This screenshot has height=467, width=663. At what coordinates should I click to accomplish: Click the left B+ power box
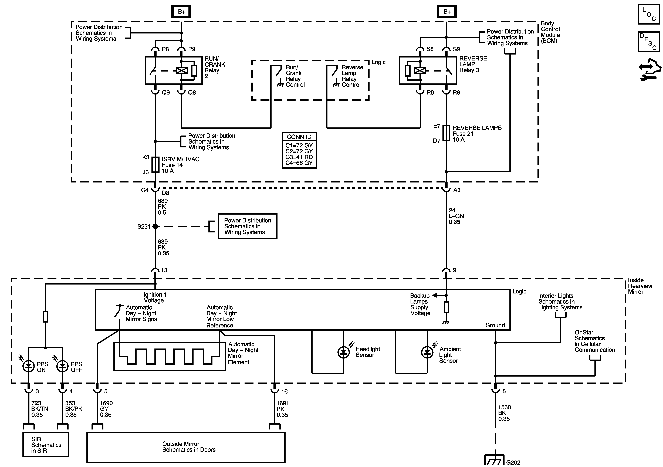pyautogui.click(x=181, y=12)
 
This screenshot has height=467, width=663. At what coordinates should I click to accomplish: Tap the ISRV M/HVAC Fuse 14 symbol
pyautogui.click(x=155, y=165)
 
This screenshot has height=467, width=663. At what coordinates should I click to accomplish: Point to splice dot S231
pyautogui.click(x=155, y=226)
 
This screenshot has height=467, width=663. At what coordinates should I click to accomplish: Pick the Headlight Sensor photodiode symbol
pyautogui.click(x=343, y=352)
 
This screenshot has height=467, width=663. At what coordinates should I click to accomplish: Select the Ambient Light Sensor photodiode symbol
pyautogui.click(x=427, y=352)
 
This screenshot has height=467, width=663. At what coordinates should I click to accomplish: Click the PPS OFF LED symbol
pyautogui.click(x=62, y=366)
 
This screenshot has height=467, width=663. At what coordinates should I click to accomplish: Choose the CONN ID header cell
pyautogui.click(x=299, y=137)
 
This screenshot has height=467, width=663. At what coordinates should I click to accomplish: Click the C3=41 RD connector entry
pyautogui.click(x=299, y=157)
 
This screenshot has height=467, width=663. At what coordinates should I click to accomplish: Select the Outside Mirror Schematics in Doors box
pyautogui.click(x=186, y=447)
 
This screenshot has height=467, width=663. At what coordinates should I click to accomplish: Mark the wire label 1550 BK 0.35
pyautogui.click(x=504, y=413)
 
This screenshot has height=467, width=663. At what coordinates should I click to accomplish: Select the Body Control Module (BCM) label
pyautogui.click(x=550, y=32)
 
